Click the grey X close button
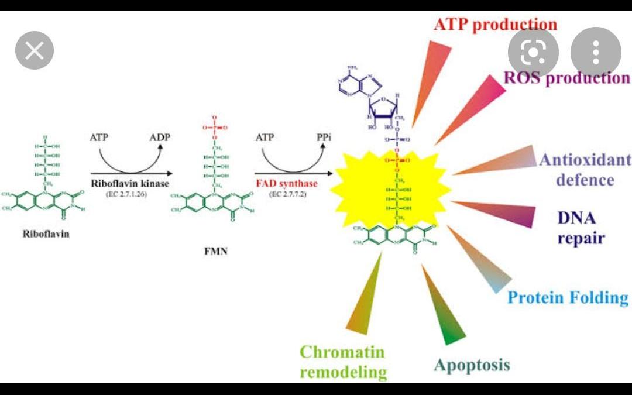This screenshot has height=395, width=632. click(35, 50)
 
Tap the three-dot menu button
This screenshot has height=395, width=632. click(595, 53)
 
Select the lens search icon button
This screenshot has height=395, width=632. click(533, 53)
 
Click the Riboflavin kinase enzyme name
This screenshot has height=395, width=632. click(130, 183)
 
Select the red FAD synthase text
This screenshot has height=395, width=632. click(286, 183)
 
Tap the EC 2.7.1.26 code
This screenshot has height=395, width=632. click(130, 194)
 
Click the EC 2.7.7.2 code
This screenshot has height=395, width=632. click(287, 194)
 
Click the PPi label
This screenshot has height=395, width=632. click(324, 138)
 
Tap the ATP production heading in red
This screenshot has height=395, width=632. click(495, 25)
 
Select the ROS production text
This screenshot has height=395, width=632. click(566, 78)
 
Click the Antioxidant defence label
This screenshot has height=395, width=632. click(585, 169)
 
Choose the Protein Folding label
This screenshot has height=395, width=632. click(567, 297)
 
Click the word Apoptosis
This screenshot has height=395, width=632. click(472, 365)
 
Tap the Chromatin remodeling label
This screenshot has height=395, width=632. click(343, 362)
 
